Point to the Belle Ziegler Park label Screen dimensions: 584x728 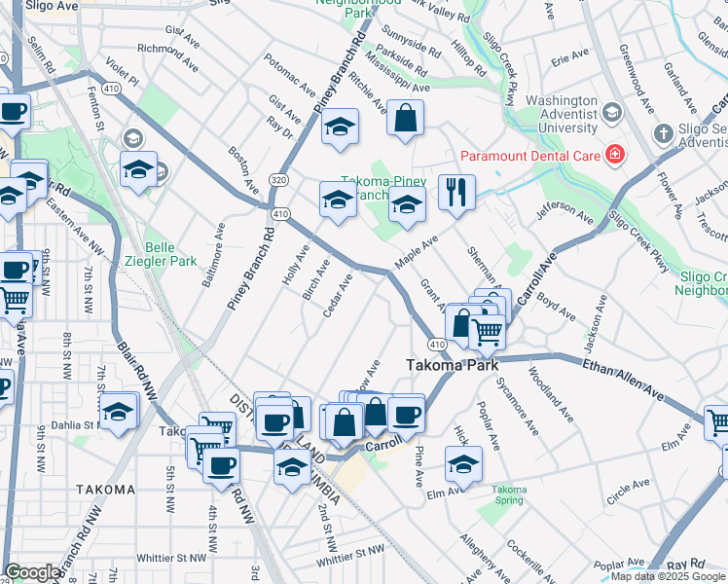pos(171,254)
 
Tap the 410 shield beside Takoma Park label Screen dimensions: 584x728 pos(436,345)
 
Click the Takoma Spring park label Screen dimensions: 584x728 pos(509,494)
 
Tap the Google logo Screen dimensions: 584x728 pos(32,572)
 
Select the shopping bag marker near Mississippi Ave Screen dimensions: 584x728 pos(405,119)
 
